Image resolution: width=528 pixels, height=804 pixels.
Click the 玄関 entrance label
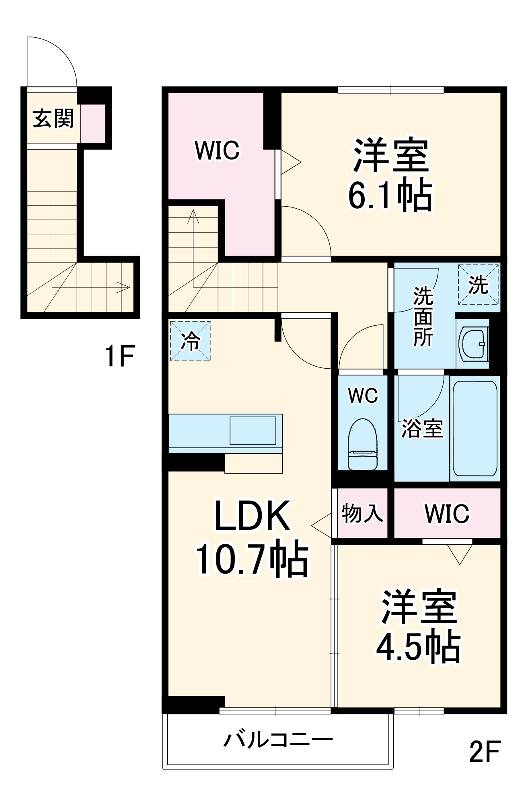[x=53, y=119]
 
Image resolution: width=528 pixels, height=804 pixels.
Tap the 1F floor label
[x=119, y=356]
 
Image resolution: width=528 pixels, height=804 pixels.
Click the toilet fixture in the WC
[x=363, y=444]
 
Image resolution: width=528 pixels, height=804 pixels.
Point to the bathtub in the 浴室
[x=475, y=428]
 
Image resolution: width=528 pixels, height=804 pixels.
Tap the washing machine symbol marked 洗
[x=478, y=284]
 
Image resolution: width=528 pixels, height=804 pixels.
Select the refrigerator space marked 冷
[x=190, y=340]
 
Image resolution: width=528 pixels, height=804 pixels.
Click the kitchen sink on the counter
[x=253, y=431]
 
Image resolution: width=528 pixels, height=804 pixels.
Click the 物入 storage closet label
[x=362, y=513]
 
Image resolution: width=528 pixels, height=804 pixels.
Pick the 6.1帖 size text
[x=390, y=196]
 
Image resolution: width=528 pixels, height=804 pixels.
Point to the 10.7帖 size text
[x=252, y=560]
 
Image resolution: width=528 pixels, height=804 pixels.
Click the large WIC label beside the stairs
[x=217, y=150]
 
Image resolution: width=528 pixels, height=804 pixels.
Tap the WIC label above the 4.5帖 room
[x=447, y=513]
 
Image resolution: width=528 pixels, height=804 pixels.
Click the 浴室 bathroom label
[x=422, y=429]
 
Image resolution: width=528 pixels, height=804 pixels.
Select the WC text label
[x=363, y=396]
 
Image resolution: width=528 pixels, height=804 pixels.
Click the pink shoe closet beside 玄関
[x=93, y=123]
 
